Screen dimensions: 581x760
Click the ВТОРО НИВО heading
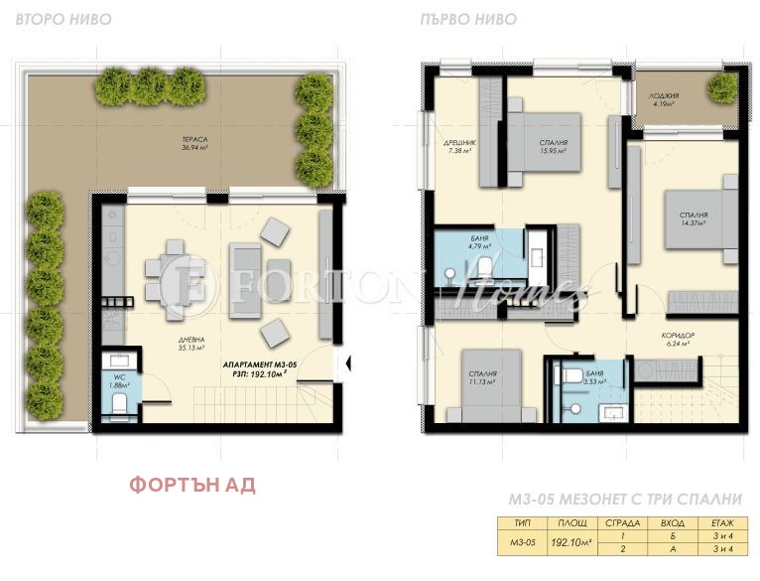[x=63, y=19]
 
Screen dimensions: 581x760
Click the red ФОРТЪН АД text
[x=192, y=485]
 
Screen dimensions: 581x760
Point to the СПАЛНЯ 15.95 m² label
[x=553, y=147]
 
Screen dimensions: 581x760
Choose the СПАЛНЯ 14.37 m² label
[x=693, y=218]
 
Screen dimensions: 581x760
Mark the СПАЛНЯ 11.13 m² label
[x=482, y=377]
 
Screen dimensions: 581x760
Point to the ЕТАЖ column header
[x=722, y=522]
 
